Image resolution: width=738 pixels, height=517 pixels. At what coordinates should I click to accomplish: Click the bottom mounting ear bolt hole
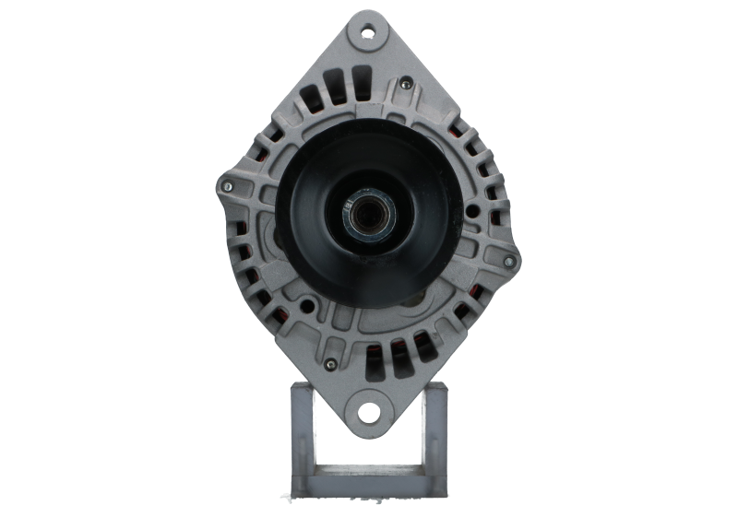tap(369, 411)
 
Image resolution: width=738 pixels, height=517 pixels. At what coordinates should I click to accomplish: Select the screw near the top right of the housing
tap(406, 84)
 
